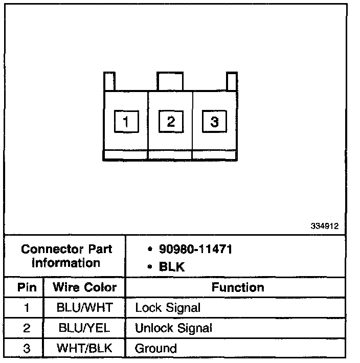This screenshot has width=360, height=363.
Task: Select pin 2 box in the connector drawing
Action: (x=170, y=121)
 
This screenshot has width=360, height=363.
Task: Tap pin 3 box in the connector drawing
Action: (x=214, y=121)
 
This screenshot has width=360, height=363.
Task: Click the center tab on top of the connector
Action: (x=170, y=81)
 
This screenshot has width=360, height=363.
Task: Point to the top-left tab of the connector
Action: (x=109, y=81)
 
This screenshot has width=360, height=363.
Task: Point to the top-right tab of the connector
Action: (x=232, y=81)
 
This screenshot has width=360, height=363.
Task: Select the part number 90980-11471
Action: (x=190, y=250)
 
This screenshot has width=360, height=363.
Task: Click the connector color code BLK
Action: (x=172, y=266)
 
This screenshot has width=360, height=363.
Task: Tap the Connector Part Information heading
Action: (x=66, y=256)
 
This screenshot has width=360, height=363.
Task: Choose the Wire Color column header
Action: (x=85, y=287)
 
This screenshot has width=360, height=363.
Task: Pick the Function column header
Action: (x=238, y=287)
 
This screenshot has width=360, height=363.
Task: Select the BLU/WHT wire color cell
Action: (x=85, y=308)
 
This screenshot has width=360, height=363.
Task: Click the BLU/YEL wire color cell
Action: (x=85, y=328)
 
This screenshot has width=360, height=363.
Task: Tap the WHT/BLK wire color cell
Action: (x=85, y=349)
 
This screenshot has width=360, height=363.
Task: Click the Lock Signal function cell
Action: (x=167, y=308)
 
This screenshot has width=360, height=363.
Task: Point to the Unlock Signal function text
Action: (x=173, y=328)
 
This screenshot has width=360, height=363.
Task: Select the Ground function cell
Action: (x=155, y=349)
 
